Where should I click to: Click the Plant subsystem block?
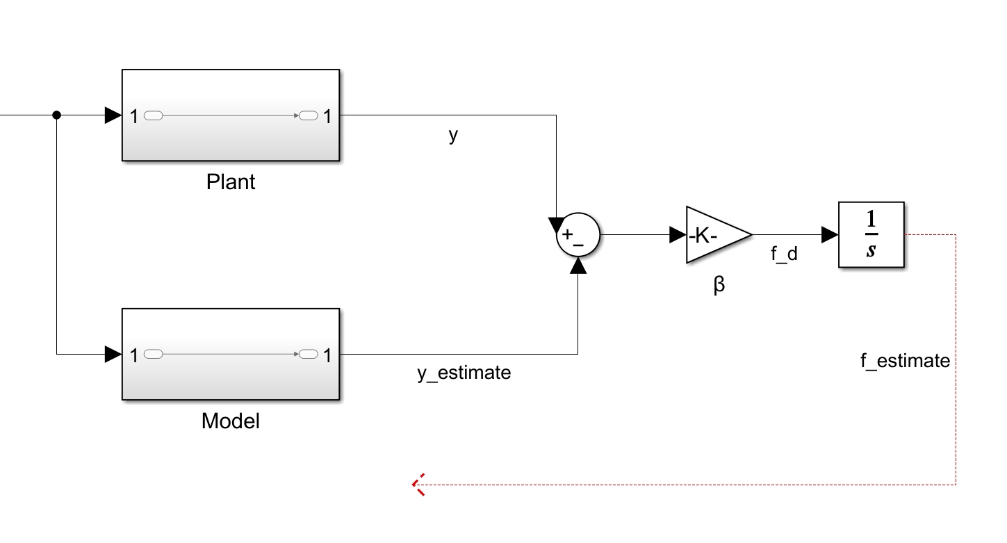tap(230, 115)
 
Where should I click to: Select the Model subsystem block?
tap(230, 355)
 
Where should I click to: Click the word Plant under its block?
tap(231, 182)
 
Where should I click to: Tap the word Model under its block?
tap(230, 421)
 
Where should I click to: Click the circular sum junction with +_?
tap(578, 235)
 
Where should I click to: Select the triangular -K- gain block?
tap(716, 235)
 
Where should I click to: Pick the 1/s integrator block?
tap(871, 235)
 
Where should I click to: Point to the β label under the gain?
tap(719, 285)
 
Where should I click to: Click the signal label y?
tap(453, 135)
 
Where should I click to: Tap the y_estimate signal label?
tap(464, 373)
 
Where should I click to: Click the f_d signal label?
tap(784, 254)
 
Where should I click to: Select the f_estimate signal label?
tap(905, 361)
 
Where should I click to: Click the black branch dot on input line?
tap(57, 115)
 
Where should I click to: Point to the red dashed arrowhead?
tap(418, 485)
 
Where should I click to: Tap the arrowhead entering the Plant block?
tap(113, 115)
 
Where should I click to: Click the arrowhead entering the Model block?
tap(113, 355)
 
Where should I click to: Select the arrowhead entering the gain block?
tap(677, 235)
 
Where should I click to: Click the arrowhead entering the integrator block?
tap(829, 235)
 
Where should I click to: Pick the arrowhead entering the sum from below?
tap(578, 265)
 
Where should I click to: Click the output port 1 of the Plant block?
tap(325, 116)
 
